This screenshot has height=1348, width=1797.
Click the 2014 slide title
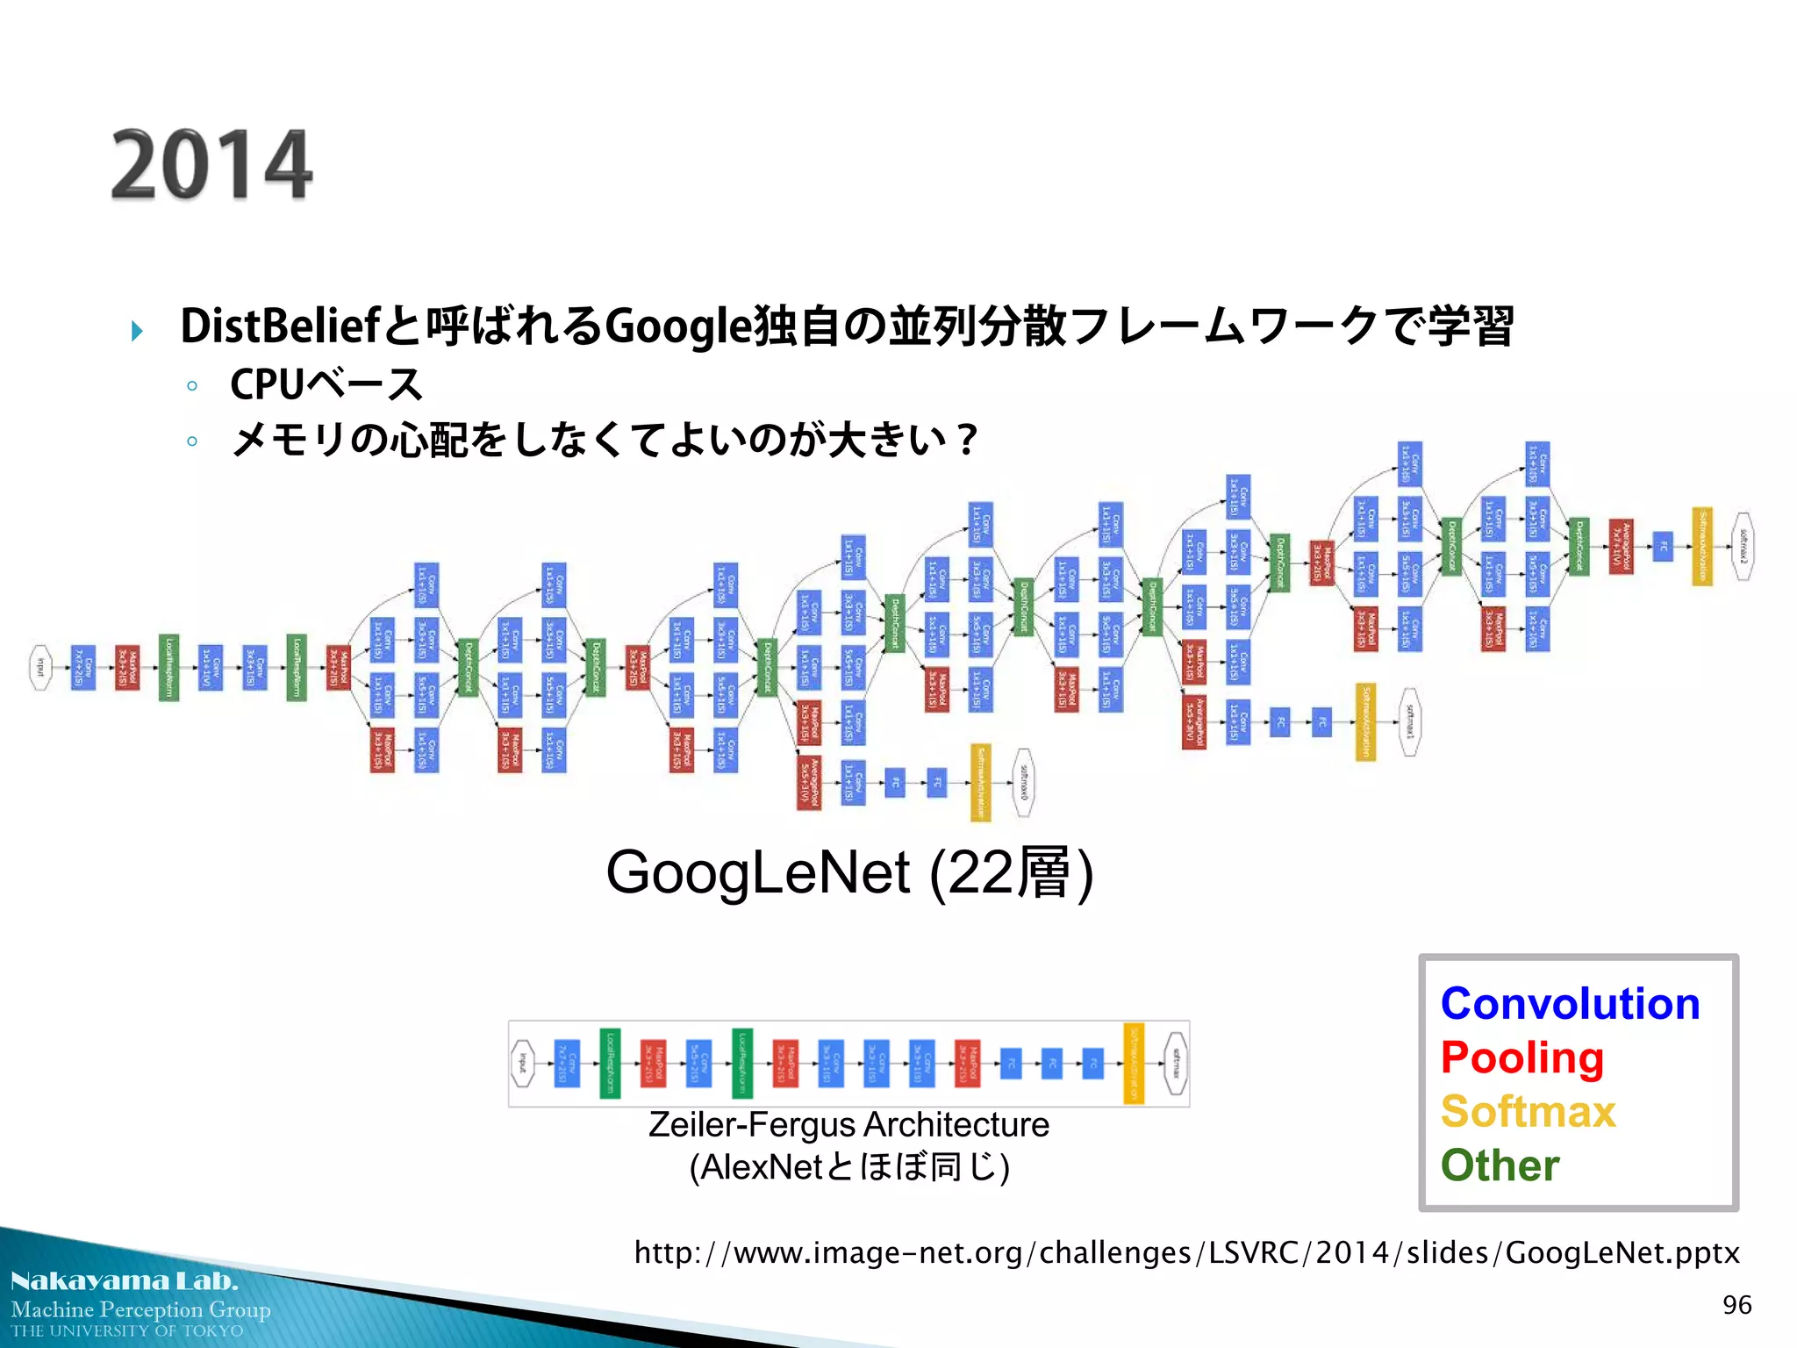(x=211, y=166)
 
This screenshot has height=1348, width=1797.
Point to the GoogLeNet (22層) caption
(x=849, y=873)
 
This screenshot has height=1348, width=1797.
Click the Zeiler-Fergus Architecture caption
(x=848, y=1125)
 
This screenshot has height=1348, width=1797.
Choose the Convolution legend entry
(x=1570, y=1004)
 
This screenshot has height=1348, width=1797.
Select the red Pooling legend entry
(x=1521, y=1058)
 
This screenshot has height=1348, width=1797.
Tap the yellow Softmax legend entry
(x=1528, y=1112)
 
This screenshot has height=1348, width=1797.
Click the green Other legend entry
(x=1500, y=1165)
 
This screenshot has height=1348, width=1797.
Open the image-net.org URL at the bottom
(x=1186, y=1252)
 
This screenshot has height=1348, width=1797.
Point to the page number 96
(x=1736, y=1305)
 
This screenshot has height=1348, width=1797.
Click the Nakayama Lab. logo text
(x=125, y=1281)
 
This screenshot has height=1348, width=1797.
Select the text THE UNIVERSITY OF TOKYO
(x=127, y=1331)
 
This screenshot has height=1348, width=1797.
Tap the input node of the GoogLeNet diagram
(x=40, y=668)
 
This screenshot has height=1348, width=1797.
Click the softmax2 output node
(x=1743, y=547)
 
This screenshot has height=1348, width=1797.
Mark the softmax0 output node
(x=1023, y=783)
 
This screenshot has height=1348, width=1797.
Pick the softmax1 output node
(x=1409, y=722)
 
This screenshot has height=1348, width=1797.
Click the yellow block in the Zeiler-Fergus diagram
(x=1134, y=1064)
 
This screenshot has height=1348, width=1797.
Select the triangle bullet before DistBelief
(x=137, y=331)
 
